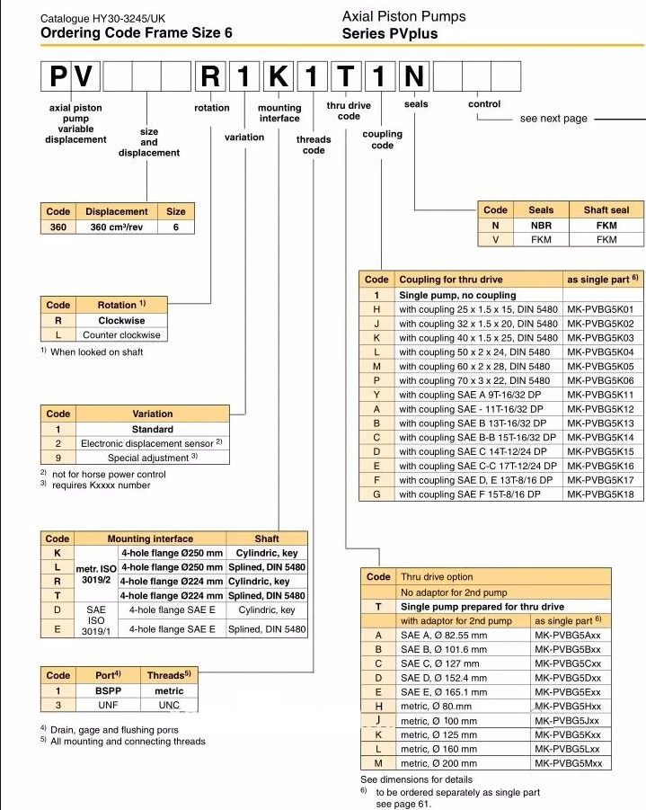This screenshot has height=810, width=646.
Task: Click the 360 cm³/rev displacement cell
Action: [118, 227]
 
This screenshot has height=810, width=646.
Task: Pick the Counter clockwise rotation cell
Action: [121, 335]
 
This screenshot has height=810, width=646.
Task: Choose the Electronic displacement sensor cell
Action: [152, 443]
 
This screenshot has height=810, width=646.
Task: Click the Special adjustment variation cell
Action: [152, 458]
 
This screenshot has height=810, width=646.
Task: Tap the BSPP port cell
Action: [108, 691]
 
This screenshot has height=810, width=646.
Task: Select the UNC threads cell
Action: [170, 706]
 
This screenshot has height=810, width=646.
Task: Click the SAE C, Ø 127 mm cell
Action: [444, 663]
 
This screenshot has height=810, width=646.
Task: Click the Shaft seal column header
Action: [606, 210]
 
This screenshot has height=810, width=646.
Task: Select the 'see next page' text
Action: [553, 119]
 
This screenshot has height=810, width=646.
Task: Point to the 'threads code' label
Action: [314, 145]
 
